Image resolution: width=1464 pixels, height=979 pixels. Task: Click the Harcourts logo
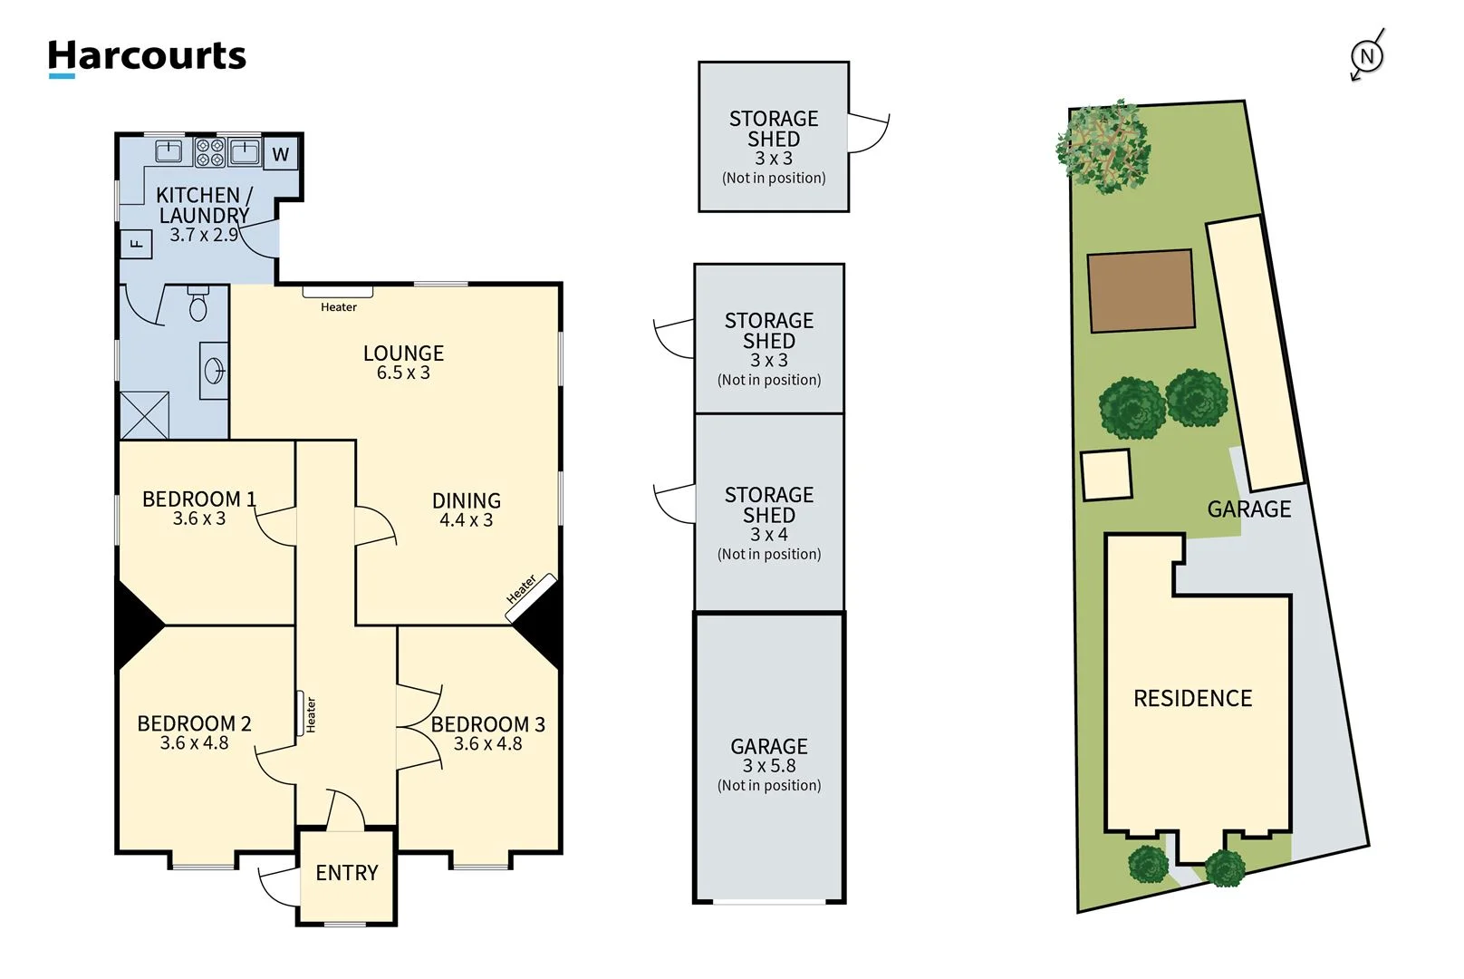click(147, 57)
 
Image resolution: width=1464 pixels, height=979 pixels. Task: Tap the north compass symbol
click(1366, 56)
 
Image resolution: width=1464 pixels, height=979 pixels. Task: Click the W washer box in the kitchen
click(281, 154)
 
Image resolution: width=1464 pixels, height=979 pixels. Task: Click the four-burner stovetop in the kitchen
click(210, 152)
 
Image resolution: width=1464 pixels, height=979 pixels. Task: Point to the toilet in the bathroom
click(198, 305)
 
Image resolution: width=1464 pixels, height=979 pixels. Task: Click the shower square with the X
click(145, 415)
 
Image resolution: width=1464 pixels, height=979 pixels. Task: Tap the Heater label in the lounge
click(338, 307)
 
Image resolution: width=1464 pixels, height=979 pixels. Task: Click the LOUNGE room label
click(403, 354)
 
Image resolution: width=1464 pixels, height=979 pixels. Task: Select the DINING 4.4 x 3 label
click(466, 509)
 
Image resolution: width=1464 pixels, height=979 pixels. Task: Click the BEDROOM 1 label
click(198, 499)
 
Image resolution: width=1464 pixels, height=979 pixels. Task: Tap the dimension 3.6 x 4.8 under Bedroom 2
click(194, 743)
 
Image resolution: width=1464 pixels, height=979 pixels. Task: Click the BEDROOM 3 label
click(487, 724)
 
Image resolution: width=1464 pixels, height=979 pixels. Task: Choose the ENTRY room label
click(346, 873)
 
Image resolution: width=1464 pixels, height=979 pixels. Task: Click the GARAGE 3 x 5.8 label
click(768, 756)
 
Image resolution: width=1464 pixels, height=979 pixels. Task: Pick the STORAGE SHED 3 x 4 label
click(768, 514)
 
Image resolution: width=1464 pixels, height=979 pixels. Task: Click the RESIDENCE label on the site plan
click(1192, 698)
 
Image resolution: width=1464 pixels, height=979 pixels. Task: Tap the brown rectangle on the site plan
click(1141, 291)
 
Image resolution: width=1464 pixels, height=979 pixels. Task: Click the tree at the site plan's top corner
click(1103, 147)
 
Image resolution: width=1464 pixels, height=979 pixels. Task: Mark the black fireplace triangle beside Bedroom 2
click(136, 625)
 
